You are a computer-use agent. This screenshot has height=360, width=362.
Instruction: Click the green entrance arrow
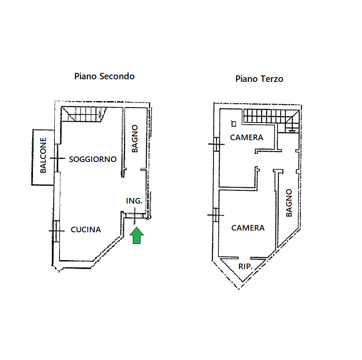pos(137,236)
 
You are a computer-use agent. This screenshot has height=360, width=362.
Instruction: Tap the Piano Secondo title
pos(105,76)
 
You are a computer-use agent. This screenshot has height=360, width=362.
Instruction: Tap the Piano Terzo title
pos(259,79)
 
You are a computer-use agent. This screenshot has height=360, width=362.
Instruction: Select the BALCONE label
pos(43,155)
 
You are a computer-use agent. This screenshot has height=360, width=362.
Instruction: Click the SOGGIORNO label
pos(93,159)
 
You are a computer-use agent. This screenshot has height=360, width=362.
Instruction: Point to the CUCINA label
pos(86,230)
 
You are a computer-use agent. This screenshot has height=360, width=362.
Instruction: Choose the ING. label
pos(134,201)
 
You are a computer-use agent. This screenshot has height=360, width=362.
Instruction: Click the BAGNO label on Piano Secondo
pos(135,138)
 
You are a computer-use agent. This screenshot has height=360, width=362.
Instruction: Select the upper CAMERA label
pos(246,138)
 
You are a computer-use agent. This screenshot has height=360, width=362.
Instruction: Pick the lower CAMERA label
pos(248,228)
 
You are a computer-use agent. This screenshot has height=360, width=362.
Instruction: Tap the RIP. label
pos(245,267)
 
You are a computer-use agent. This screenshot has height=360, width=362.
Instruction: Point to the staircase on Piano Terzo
pos(270,117)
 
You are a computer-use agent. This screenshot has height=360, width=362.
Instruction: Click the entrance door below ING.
pos(135,216)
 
